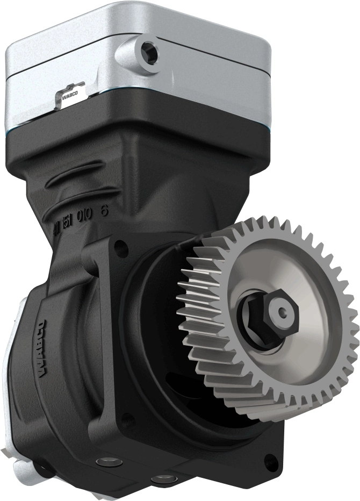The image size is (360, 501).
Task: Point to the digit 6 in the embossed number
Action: point(104,211)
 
